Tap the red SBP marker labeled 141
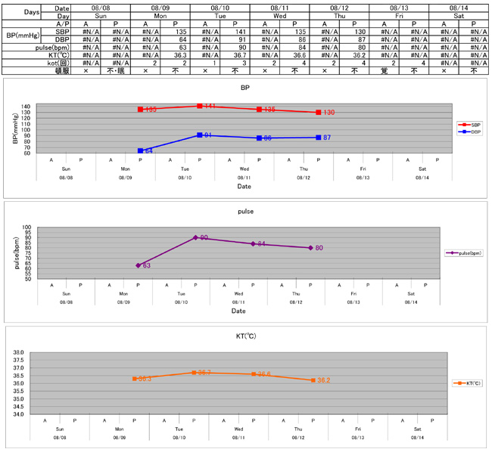200,107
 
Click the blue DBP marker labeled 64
141,150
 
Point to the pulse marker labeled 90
196,237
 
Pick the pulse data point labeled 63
139,265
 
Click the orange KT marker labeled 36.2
313,380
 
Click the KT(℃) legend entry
463,383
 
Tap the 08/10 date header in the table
219,7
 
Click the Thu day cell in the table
338,15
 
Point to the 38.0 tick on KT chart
19,352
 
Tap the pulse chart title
245,212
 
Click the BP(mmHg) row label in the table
23,36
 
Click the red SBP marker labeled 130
319,112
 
